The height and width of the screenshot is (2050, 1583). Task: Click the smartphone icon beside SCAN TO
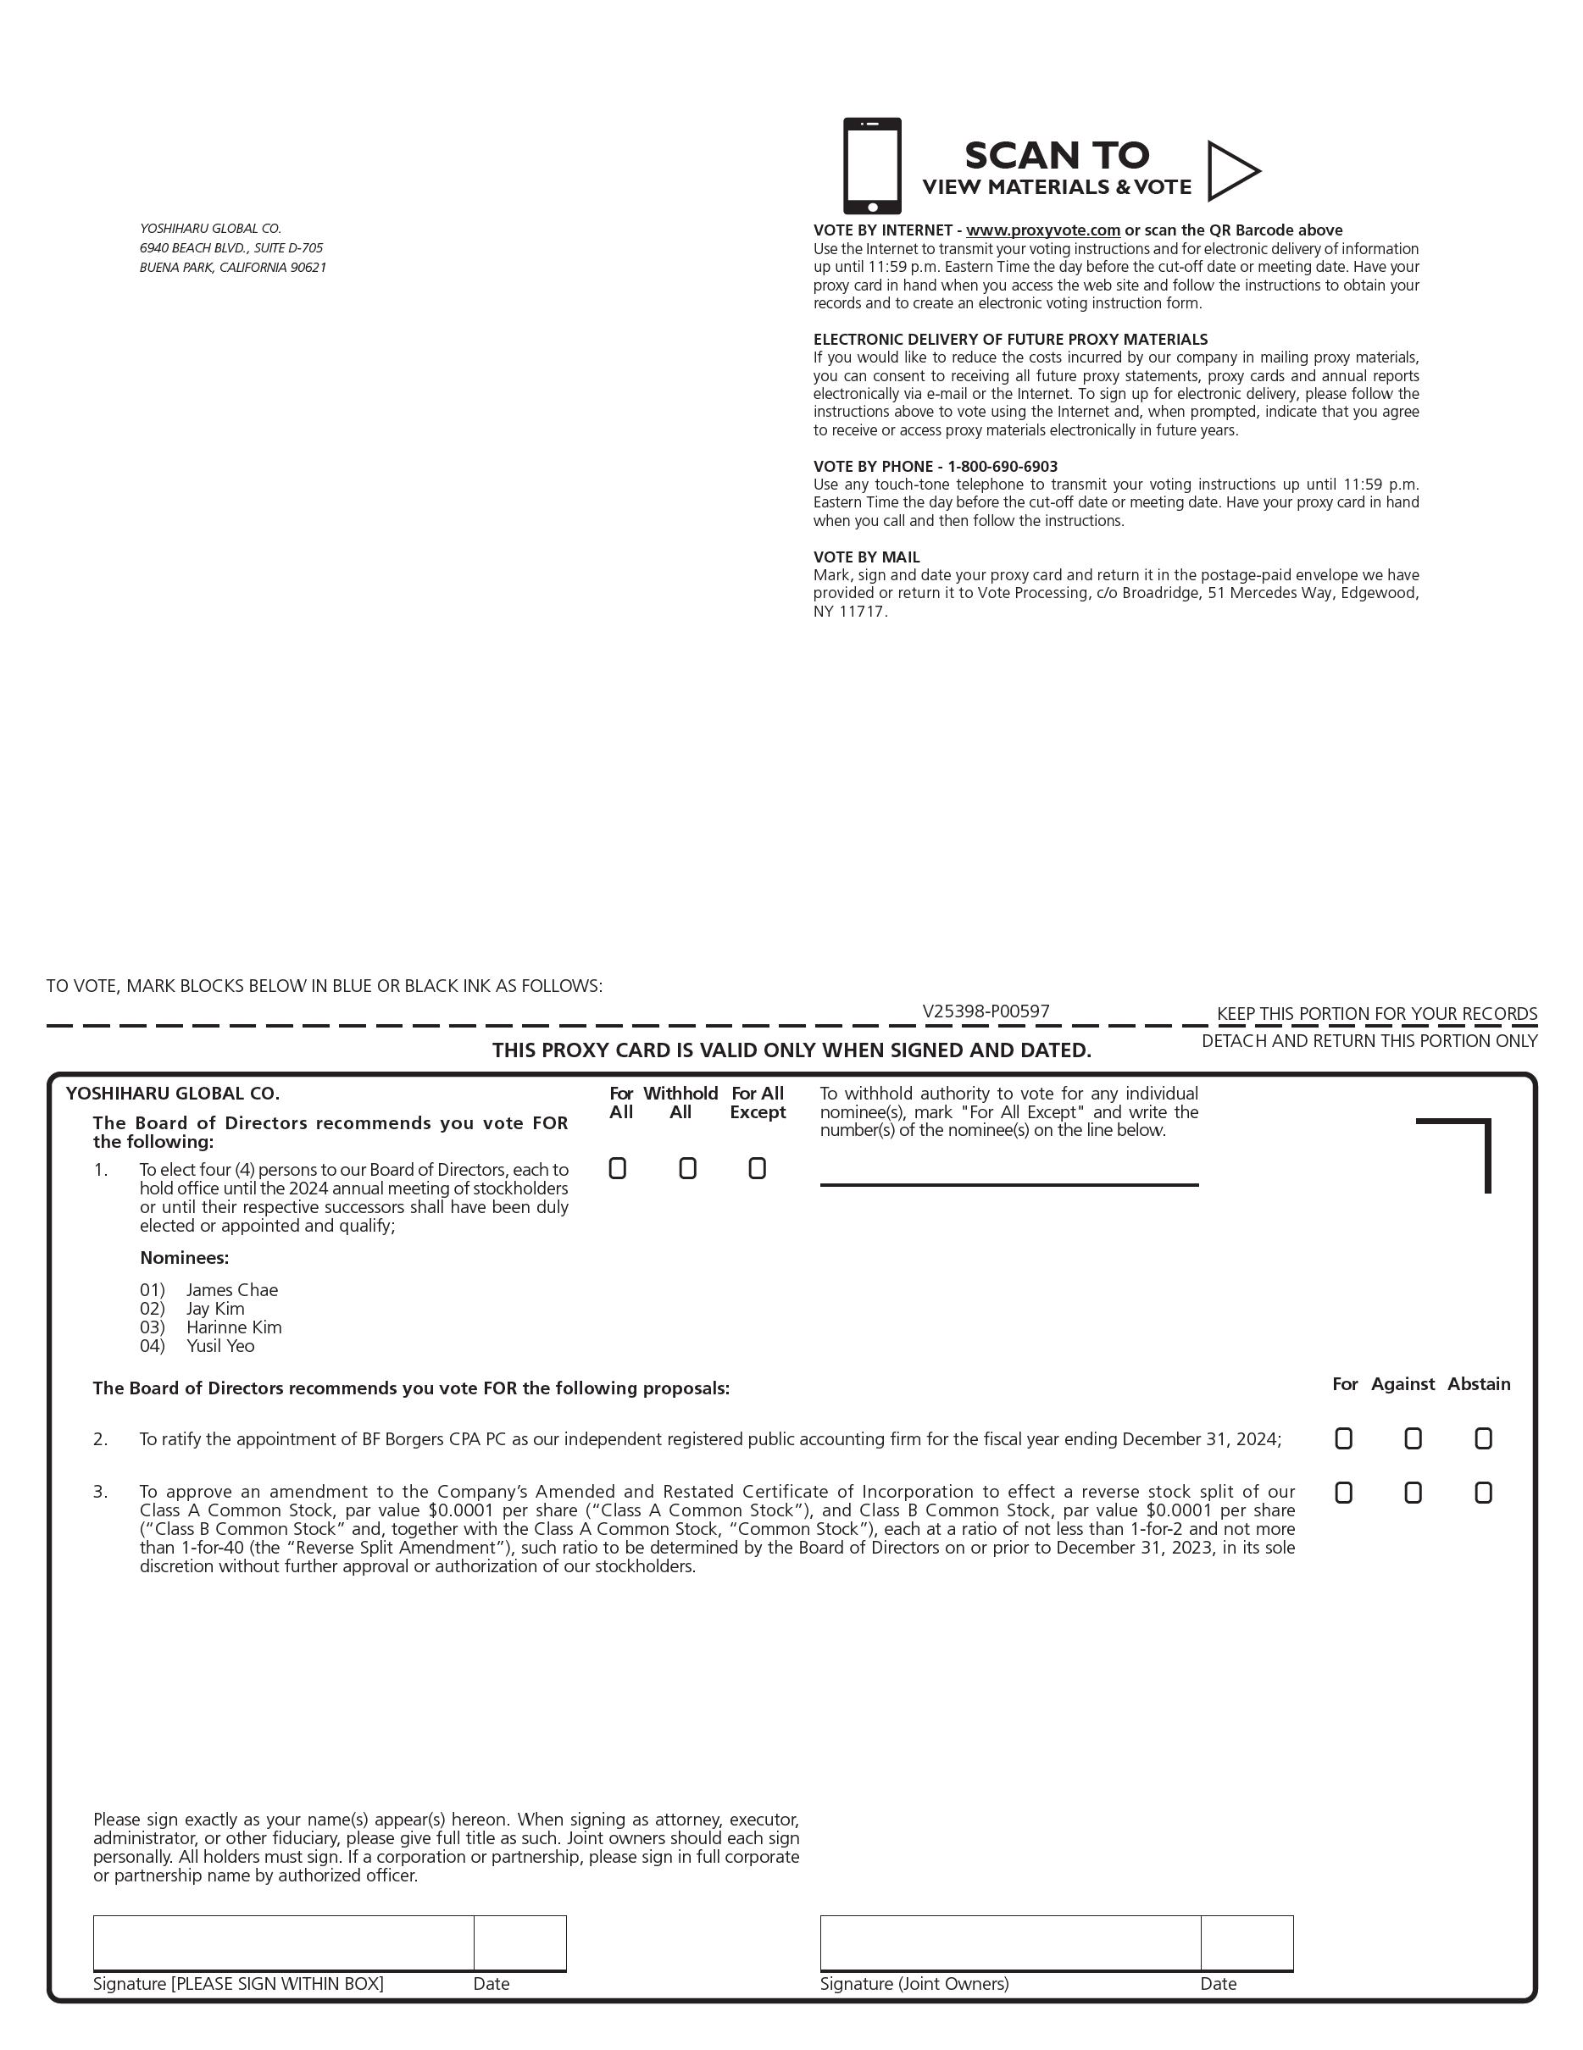pos(871,166)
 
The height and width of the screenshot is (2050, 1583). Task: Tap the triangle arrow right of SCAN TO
pos(1231,171)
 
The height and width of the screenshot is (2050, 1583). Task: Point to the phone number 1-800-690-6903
pos(1002,467)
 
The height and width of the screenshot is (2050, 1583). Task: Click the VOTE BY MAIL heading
pos(866,557)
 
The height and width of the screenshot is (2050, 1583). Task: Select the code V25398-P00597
pos(985,1011)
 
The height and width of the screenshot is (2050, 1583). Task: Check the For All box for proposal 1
pos(618,1169)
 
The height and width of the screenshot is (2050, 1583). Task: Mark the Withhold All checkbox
pos(687,1169)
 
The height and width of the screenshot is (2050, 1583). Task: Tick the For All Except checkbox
pos(757,1169)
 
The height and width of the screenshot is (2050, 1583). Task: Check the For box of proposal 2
pos(1343,1439)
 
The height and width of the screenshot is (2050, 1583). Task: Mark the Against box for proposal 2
pos(1413,1439)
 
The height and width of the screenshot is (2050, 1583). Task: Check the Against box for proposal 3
pos(1413,1493)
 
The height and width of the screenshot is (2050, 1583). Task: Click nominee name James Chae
pos(232,1291)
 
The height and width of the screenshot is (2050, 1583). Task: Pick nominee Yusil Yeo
pos(219,1346)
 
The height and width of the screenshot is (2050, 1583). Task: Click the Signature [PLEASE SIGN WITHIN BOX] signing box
pos(282,1942)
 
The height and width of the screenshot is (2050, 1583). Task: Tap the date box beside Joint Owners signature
pos(1246,1942)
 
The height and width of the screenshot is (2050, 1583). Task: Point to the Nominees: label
pos(184,1258)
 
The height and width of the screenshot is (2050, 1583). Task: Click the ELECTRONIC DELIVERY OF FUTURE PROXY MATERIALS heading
pos(1010,340)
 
